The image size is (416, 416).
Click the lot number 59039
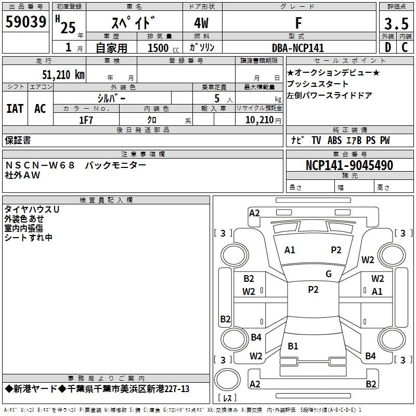(25, 23)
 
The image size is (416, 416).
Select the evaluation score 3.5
(396, 24)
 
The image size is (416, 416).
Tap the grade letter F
(298, 23)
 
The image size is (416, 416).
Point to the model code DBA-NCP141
(298, 48)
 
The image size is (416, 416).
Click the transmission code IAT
(15, 108)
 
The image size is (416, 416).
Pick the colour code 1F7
(86, 120)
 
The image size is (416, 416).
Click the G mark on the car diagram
(329, 274)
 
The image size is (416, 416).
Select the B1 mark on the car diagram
(293, 346)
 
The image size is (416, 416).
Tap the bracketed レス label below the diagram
(227, 398)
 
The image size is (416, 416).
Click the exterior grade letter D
(387, 47)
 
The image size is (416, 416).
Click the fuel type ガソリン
(202, 47)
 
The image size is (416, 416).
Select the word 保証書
(18, 140)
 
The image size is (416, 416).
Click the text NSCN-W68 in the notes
(41, 165)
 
